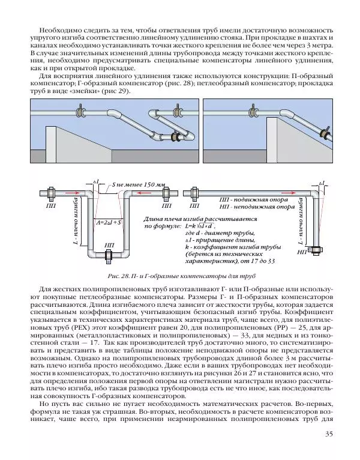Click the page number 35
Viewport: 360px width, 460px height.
point(328,434)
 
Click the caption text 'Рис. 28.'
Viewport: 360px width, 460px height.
point(119,277)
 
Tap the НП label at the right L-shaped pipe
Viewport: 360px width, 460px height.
point(302,253)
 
